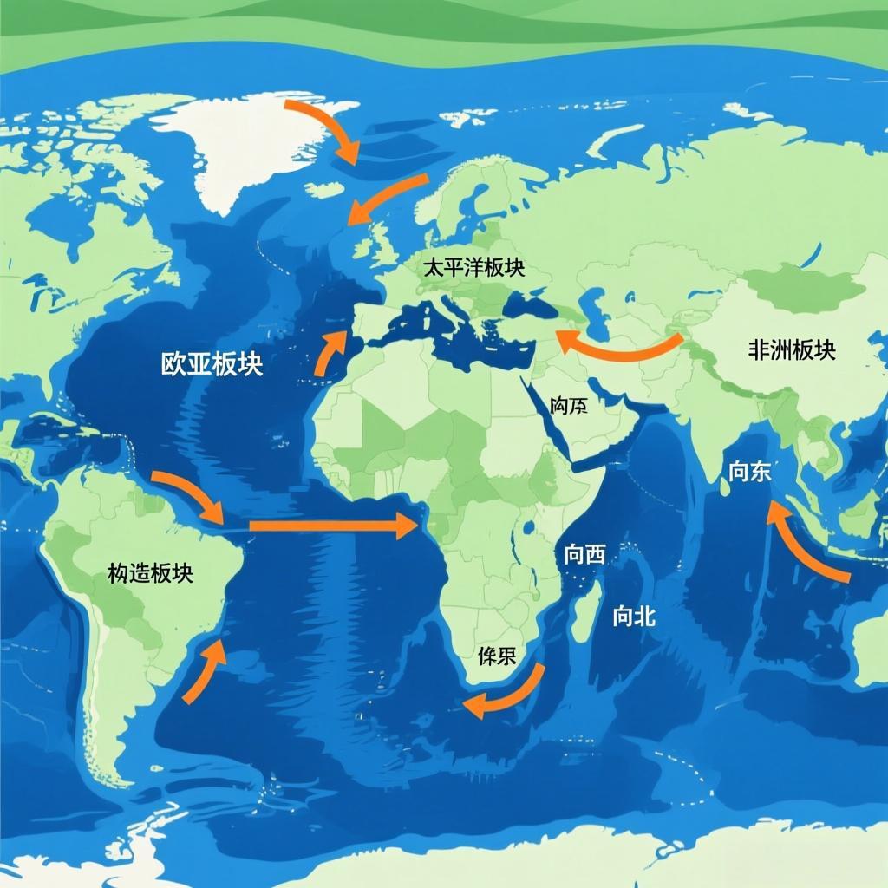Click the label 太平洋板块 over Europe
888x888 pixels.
click(473, 268)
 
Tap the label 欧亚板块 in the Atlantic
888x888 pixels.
click(212, 364)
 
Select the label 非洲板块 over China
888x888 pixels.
click(791, 350)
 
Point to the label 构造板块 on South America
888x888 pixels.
click(150, 572)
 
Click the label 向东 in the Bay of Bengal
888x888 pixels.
click(749, 472)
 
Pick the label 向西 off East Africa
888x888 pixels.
click(584, 556)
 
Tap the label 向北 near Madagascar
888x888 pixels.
click(634, 617)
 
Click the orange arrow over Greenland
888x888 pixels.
click(325, 127)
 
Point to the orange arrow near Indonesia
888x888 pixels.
click(804, 547)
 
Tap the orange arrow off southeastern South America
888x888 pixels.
click(206, 671)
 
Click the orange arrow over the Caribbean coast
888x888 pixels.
click(189, 497)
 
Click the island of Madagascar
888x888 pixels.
click(587, 611)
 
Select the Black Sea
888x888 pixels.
click(529, 304)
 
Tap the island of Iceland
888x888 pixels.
click(323, 189)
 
